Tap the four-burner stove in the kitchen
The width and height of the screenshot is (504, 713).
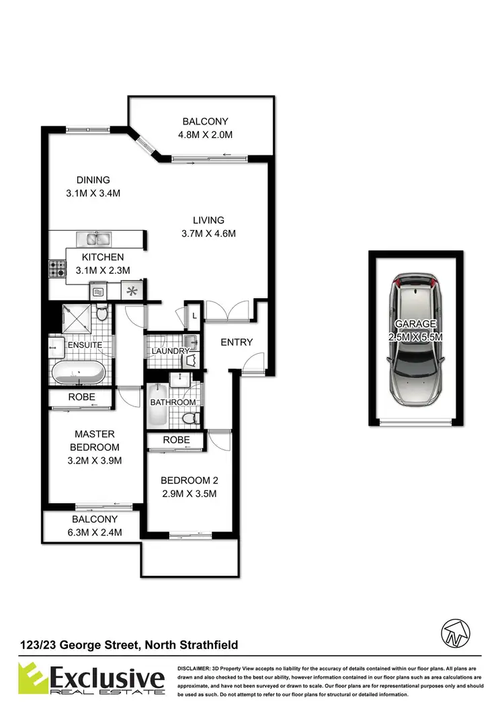(x=56, y=270)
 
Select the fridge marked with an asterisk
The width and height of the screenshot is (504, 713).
(x=132, y=291)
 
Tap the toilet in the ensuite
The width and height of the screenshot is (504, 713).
(x=101, y=314)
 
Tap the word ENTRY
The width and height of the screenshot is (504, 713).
(x=237, y=342)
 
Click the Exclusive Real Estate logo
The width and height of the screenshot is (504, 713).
(x=92, y=677)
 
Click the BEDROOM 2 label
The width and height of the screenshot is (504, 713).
(x=189, y=481)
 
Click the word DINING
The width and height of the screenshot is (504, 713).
(x=93, y=180)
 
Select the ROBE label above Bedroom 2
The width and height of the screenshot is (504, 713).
(x=176, y=440)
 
